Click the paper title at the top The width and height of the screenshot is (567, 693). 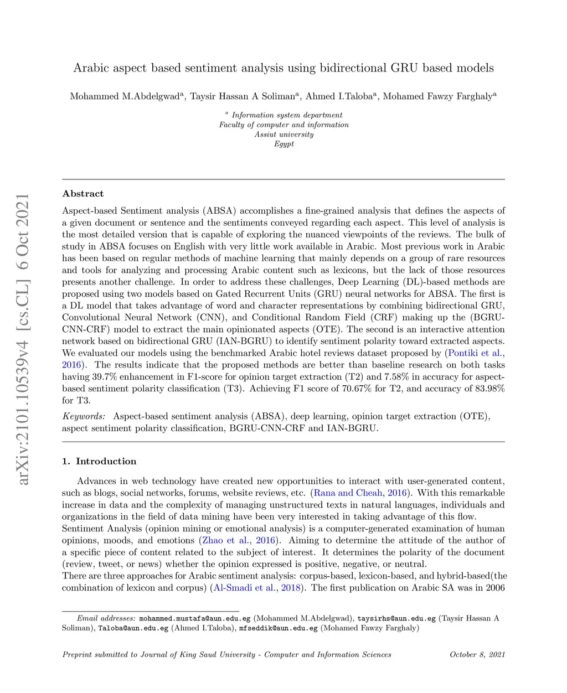point(283,68)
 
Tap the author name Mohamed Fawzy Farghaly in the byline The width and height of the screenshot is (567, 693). point(437,96)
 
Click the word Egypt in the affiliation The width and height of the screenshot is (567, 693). point(284,144)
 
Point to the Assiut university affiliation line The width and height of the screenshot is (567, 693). point(284,135)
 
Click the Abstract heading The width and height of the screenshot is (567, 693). point(83,194)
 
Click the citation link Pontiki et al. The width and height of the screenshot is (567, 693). point(475,353)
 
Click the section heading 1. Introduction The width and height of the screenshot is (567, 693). point(99,461)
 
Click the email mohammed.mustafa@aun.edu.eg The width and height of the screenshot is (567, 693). point(195,618)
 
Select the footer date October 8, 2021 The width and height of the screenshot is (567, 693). point(477,655)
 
